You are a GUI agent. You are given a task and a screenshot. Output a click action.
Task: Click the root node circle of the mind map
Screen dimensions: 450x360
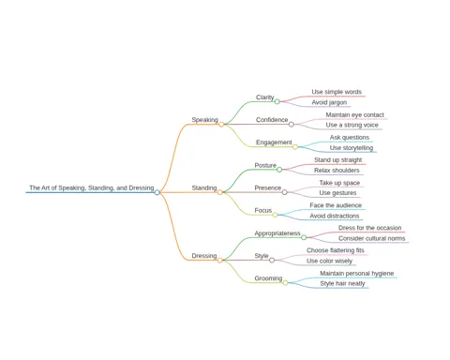click(x=157, y=192)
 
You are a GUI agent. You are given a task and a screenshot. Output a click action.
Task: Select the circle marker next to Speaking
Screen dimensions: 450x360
click(x=221, y=125)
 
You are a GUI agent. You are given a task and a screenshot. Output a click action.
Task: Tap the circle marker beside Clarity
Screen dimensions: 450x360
click(x=277, y=101)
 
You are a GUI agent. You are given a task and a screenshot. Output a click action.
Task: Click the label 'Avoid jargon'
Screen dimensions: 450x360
click(x=329, y=102)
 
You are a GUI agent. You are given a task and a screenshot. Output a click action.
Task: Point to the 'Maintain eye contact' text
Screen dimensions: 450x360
click(x=354, y=115)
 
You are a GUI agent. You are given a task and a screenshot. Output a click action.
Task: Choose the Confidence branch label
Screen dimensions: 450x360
click(x=272, y=120)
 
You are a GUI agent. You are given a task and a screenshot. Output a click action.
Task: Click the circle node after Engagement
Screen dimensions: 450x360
click(x=295, y=147)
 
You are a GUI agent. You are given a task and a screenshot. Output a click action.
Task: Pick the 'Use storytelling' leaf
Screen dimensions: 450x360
click(x=352, y=148)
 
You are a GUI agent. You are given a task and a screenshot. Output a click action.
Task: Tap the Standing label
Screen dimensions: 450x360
click(x=204, y=187)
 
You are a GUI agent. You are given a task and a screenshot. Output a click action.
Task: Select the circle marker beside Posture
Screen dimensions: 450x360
click(x=279, y=170)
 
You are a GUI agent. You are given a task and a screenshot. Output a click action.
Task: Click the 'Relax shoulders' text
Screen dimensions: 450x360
click(x=337, y=171)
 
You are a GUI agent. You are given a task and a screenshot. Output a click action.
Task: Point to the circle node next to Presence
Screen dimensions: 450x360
click(x=284, y=192)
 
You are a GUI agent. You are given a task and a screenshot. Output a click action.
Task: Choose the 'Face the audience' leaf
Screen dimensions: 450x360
click(x=336, y=205)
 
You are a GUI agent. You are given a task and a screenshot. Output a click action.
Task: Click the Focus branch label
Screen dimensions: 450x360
click(x=263, y=210)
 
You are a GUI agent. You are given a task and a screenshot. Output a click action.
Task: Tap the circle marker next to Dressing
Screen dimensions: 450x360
click(x=220, y=261)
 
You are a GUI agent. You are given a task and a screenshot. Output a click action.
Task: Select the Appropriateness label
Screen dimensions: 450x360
click(x=277, y=233)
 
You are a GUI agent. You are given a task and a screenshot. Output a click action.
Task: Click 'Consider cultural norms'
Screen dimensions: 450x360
click(x=371, y=238)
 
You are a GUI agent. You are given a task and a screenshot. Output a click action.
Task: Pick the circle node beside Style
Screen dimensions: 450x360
click(x=272, y=260)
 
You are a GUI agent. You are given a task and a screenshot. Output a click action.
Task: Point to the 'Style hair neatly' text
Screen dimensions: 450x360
click(x=342, y=284)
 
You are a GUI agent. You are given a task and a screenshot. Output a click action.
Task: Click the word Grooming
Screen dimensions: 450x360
click(x=268, y=278)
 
